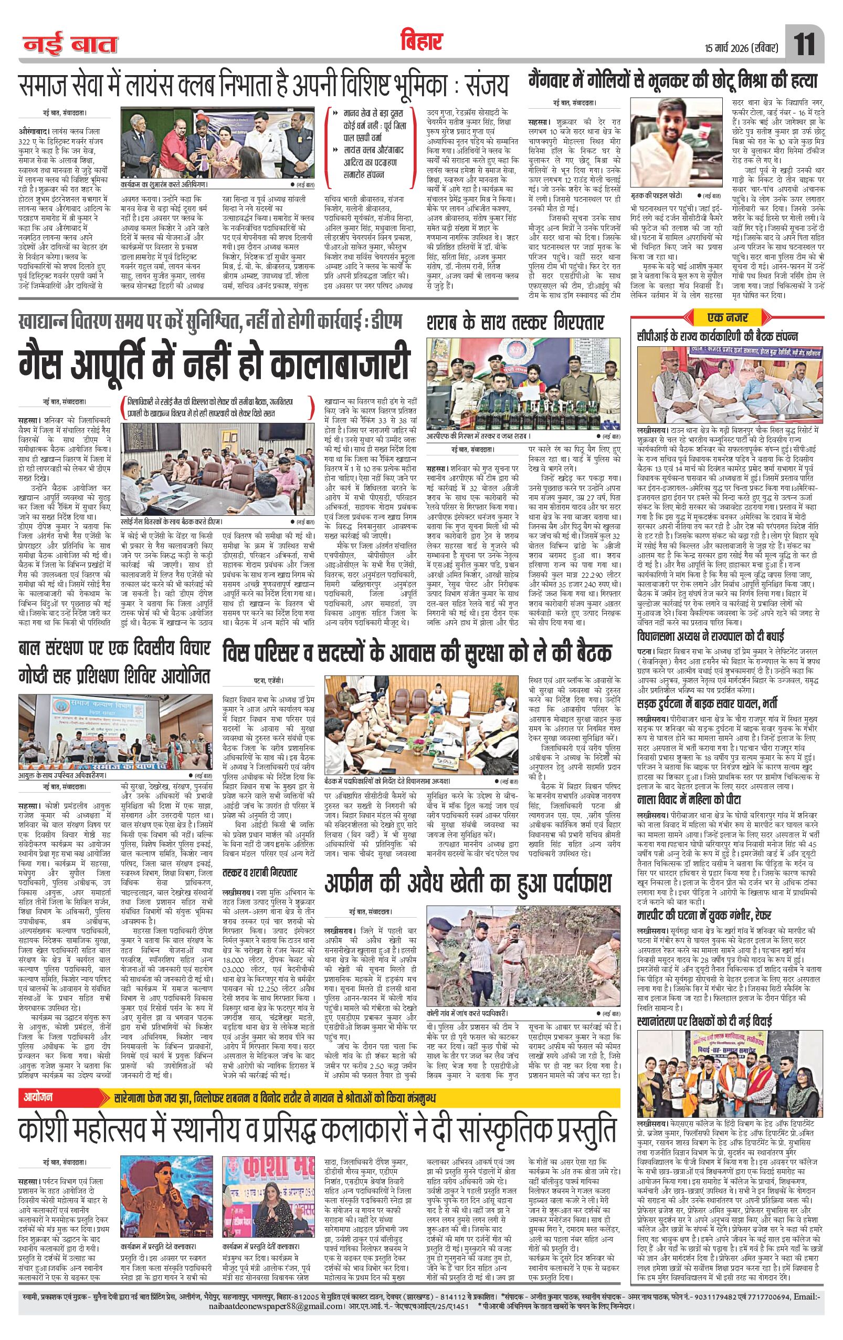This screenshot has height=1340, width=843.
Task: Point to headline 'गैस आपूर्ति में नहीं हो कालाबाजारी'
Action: (x=214, y=363)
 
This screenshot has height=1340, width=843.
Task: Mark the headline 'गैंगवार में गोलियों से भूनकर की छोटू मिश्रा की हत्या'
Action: (x=674, y=82)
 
